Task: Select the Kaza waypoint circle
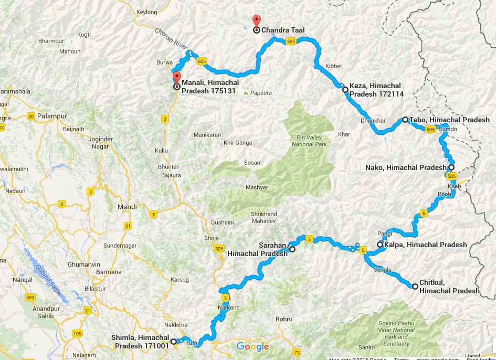(345, 90)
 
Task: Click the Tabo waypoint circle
(405, 120)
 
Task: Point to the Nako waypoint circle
(451, 167)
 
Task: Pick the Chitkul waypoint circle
(415, 287)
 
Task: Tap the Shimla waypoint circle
(174, 341)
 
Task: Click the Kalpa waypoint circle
(380, 245)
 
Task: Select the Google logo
(252, 346)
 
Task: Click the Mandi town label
(127, 207)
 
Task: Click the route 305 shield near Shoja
(219, 248)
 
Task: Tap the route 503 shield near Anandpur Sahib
(30, 298)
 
